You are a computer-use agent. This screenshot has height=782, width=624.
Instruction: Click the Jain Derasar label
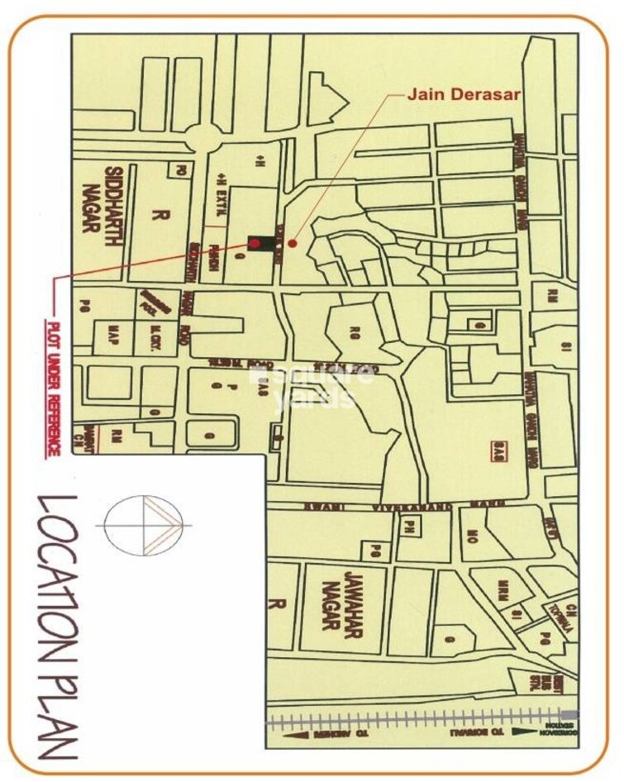click(463, 94)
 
